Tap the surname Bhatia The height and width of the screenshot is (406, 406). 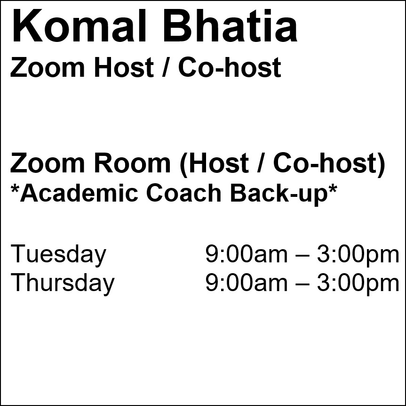(231, 25)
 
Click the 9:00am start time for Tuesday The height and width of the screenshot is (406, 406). (247, 254)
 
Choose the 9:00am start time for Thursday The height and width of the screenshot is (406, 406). (247, 283)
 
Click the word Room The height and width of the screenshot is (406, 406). (132, 163)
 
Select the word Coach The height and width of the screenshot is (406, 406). (183, 193)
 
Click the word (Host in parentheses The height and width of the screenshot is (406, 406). (215, 165)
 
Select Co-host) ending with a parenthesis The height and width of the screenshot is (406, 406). (329, 165)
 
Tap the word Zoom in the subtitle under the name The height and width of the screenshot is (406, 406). (48, 67)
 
